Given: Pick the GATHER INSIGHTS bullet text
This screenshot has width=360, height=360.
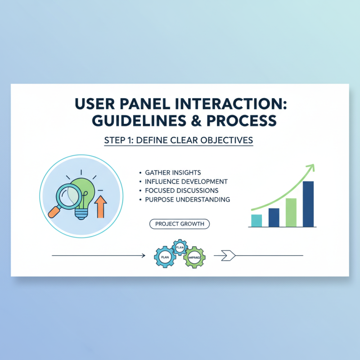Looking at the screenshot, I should click(x=173, y=173).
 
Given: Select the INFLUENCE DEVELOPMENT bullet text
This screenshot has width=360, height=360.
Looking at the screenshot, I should click(x=186, y=181).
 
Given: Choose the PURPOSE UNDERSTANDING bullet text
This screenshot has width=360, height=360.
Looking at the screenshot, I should click(x=187, y=199).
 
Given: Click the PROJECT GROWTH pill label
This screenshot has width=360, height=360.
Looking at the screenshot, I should click(x=180, y=224).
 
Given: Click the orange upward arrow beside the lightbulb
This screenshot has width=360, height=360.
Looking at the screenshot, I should click(x=100, y=205).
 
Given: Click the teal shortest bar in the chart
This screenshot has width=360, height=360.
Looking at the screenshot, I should click(x=256, y=220).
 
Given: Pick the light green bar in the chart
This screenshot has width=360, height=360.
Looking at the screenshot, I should click(x=291, y=212).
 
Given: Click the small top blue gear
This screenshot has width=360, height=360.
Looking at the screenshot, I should click(x=180, y=247).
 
